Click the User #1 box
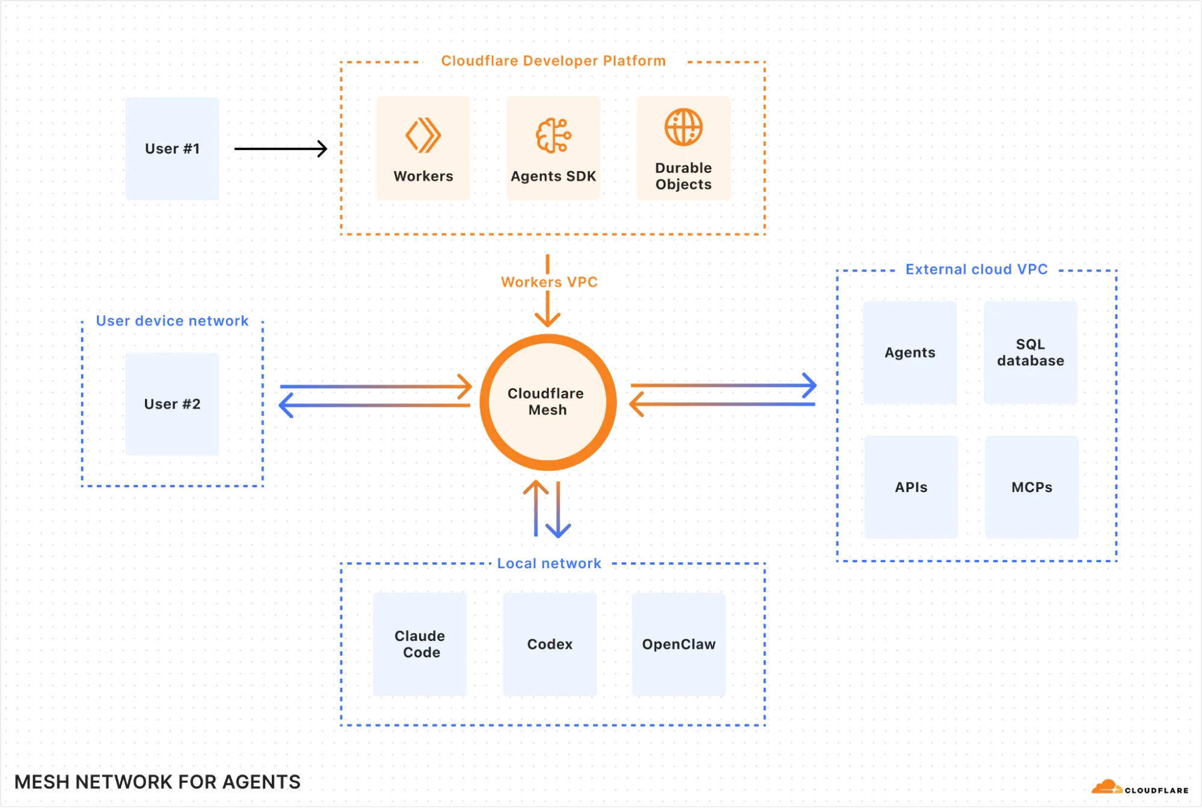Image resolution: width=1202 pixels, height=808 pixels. tap(172, 148)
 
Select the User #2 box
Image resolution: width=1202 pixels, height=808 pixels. tap(172, 404)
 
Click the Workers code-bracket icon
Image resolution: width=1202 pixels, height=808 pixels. tap(423, 135)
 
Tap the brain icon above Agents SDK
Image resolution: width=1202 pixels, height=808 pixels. tap(553, 135)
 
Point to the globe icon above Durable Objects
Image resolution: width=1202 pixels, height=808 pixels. tap(683, 127)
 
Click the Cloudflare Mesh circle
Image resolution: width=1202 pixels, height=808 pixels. tap(547, 402)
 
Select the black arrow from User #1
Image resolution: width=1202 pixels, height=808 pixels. tap(280, 148)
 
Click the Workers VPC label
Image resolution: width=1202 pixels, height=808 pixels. tap(549, 282)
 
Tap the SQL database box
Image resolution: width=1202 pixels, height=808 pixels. tap(1030, 353)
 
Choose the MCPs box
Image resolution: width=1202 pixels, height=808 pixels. tap(1031, 487)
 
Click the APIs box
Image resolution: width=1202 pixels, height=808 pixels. tap(910, 487)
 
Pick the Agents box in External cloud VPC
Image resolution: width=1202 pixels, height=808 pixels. tap(909, 353)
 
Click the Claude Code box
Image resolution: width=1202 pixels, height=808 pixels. tap(420, 644)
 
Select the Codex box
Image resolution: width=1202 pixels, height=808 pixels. tap(550, 644)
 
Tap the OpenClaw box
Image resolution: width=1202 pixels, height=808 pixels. tap(678, 644)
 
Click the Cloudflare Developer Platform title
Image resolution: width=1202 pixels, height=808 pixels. tap(553, 61)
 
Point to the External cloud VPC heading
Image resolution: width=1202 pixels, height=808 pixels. tap(976, 269)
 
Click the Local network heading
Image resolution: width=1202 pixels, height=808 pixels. tap(548, 563)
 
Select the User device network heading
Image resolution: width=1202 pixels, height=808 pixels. tap(172, 321)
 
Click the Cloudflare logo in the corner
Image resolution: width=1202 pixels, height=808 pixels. tap(1139, 788)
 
